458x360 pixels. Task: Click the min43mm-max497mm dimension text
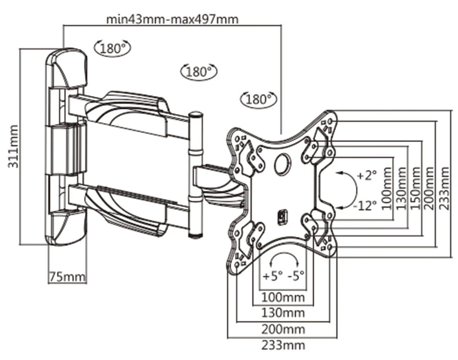coord(172,19)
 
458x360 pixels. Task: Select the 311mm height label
coord(14,146)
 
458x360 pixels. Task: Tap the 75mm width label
coord(67,277)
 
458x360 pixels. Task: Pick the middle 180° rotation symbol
coord(199,71)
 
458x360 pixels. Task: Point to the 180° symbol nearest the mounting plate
coord(259,98)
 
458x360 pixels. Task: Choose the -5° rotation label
coord(296,276)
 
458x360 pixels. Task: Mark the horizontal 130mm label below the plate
coord(283,313)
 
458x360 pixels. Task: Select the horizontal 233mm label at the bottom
coord(283,345)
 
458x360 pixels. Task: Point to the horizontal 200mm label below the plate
coord(283,329)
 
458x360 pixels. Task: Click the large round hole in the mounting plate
coord(283,164)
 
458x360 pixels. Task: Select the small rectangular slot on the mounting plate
coord(283,216)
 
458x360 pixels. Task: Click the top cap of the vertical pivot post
coord(196,115)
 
